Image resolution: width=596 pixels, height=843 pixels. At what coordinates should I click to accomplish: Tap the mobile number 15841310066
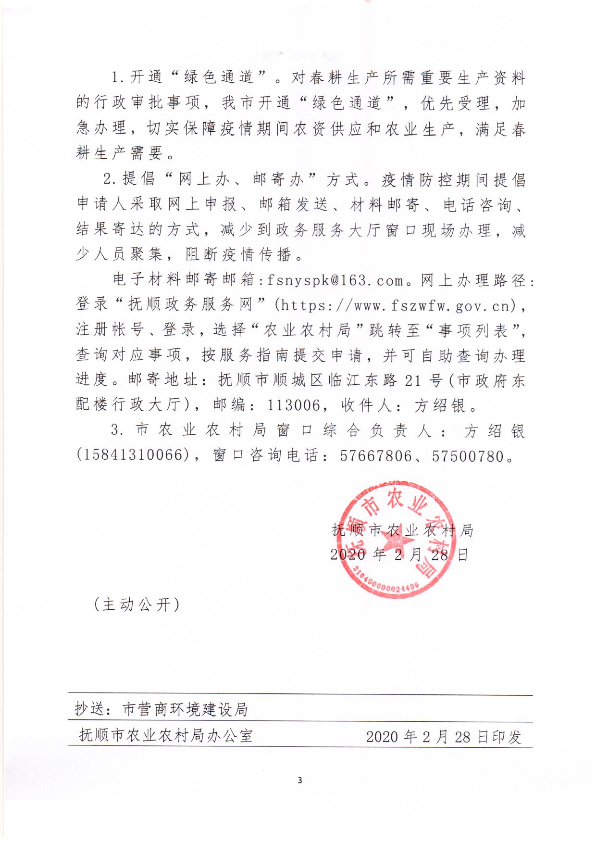[132, 455]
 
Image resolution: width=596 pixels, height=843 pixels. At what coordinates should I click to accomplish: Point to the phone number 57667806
[376, 455]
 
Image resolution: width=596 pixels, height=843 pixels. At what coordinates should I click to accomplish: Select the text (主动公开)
[137, 604]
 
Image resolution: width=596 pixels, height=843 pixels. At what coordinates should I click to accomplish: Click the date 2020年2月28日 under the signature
[399, 555]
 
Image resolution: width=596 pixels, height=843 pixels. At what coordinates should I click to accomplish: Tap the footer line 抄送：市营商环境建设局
[161, 709]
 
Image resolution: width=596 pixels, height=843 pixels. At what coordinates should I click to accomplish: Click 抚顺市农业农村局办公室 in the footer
[166, 735]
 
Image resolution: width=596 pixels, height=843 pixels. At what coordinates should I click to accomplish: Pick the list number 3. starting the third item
[117, 429]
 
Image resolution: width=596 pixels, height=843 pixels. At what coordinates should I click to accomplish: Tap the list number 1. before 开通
[118, 78]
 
